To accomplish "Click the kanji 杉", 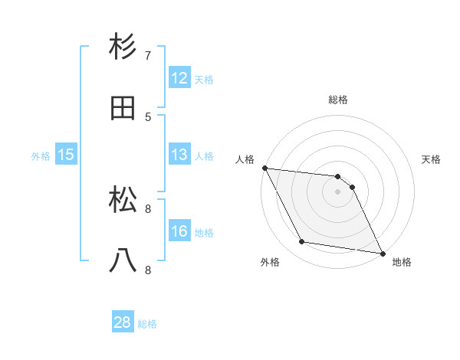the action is (x=123, y=47).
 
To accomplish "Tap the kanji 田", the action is (x=123, y=108).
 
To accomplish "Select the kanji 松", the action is (x=123, y=201).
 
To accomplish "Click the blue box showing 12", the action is (x=179, y=78).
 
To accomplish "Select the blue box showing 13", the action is (x=179, y=155).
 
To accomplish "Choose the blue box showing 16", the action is (x=179, y=231).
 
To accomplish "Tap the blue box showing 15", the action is (x=65, y=155).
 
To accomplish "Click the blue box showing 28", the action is (x=123, y=323).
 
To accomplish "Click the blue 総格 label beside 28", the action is (x=147, y=324).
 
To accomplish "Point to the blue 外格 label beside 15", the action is (x=41, y=156).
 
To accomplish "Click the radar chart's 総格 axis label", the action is (x=338, y=100).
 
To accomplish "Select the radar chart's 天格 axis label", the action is (x=432, y=159).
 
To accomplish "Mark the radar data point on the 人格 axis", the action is (x=264, y=168).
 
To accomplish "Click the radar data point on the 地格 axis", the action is (x=382, y=253).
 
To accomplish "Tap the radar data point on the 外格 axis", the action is (x=302, y=243).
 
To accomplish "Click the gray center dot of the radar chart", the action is (x=338, y=191).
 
